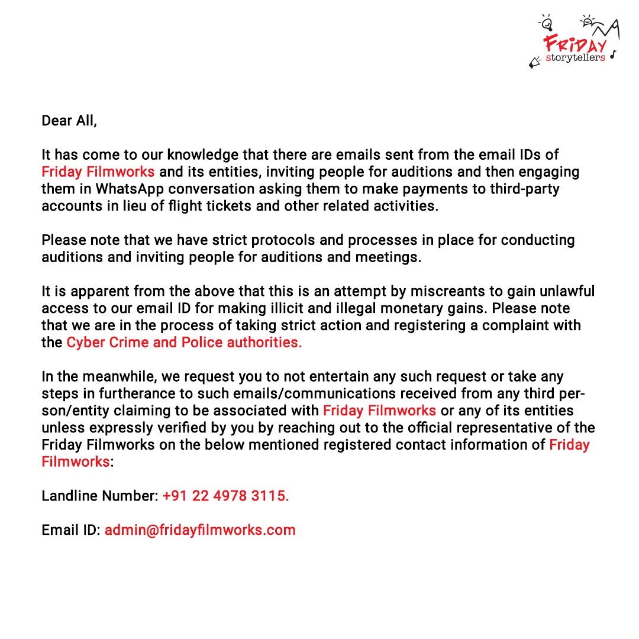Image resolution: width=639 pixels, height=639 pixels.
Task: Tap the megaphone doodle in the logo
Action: [535, 61]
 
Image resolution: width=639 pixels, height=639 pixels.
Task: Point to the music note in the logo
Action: [613, 54]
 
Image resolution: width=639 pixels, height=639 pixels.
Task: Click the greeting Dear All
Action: [69, 121]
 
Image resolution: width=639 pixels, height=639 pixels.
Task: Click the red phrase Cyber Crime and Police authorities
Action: [184, 343]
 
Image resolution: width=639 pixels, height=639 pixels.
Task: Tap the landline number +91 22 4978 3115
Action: [225, 496]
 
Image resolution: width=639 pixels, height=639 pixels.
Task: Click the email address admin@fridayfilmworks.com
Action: [200, 530]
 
